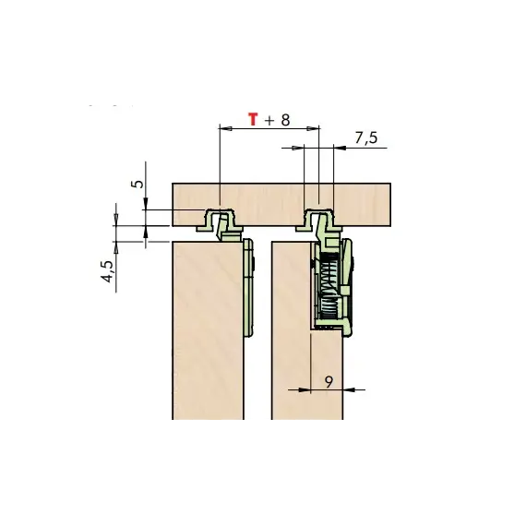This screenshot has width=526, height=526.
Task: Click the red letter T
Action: pos(253,119)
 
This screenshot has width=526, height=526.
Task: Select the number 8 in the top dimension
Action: pos(285,120)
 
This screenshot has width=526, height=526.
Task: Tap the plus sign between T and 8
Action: pos(269,121)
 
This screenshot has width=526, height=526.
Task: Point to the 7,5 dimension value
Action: pos(366,137)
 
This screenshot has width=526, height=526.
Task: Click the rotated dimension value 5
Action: pos(137,184)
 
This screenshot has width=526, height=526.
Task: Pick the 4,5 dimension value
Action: pos(108,271)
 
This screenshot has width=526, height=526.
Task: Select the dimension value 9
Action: pos(329,382)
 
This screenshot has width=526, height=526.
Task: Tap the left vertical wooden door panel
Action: pos(208,330)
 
